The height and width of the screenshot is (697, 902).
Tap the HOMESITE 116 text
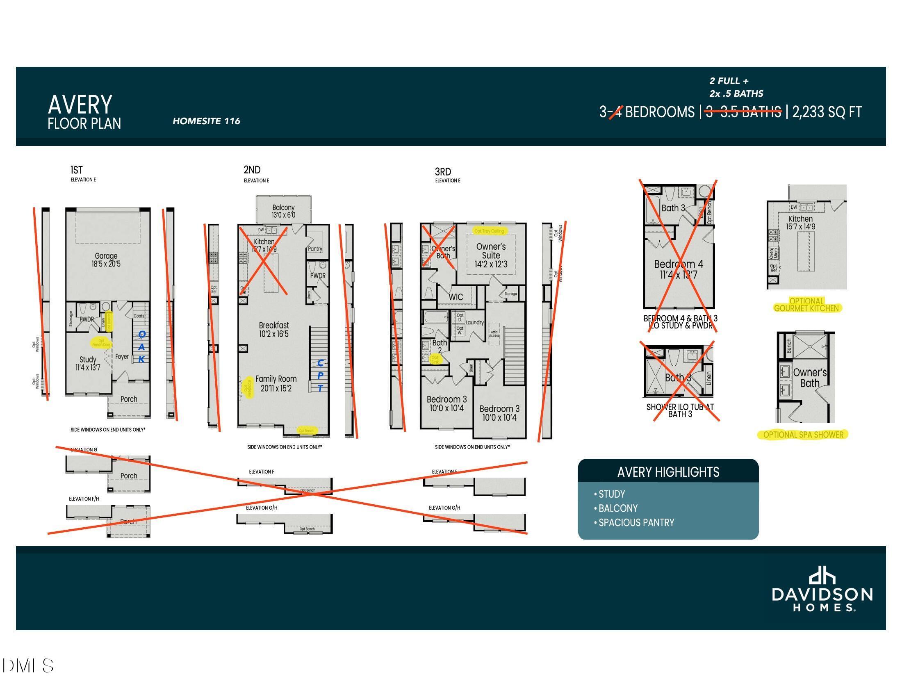[206, 121]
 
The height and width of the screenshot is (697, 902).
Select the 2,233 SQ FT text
[827, 112]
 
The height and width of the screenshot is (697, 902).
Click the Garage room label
[106, 260]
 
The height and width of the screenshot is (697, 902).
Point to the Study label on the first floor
[88, 363]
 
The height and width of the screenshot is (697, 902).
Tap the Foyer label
[122, 356]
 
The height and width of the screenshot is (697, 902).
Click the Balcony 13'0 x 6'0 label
[283, 211]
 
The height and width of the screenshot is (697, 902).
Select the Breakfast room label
[274, 329]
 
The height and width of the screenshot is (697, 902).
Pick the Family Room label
[276, 383]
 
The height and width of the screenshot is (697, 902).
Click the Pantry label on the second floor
[315, 248]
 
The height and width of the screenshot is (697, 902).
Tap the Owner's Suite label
[491, 255]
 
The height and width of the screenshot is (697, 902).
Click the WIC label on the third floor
[456, 297]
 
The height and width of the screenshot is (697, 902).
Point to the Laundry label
[474, 323]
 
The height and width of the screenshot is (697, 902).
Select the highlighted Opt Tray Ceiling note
[489, 231]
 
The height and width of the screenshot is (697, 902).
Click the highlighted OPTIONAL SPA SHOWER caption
[803, 434]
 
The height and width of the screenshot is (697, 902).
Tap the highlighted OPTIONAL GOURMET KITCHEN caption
[806, 305]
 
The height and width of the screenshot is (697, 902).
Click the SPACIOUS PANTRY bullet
[636, 522]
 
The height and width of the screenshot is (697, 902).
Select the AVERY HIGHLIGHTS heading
[668, 472]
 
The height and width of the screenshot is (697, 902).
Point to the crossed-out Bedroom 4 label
[678, 269]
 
